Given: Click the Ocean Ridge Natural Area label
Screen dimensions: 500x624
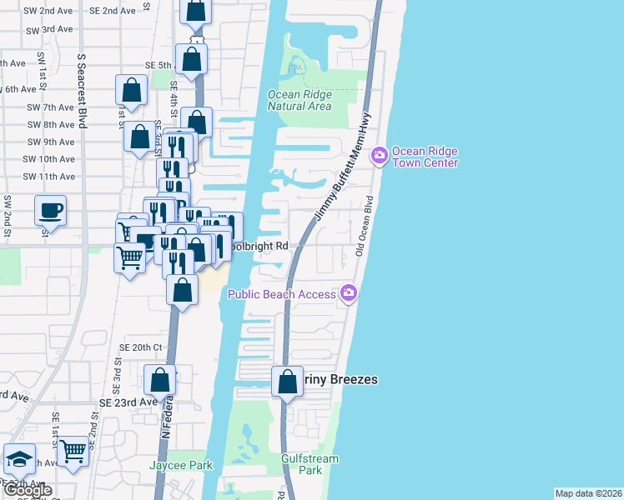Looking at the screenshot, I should coord(299,100).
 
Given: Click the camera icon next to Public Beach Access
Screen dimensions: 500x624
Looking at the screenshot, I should coord(349,292).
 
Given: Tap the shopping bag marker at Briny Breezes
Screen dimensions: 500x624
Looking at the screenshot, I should coord(287,382).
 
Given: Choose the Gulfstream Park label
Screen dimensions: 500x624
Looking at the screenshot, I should coord(309,464).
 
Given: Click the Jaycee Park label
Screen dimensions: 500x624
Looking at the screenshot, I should coord(181,465).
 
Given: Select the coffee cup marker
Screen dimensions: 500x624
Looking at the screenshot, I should coord(50,209).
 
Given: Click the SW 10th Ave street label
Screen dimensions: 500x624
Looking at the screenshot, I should coord(49,159).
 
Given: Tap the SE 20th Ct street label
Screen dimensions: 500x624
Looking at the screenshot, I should coord(139,347).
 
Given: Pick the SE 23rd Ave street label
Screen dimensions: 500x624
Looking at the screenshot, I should coord(128,402).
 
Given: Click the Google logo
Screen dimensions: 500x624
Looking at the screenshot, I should coord(27,490).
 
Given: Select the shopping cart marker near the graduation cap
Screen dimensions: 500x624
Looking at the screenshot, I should coord(73,452).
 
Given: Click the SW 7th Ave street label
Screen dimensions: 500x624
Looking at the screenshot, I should coord(49,107).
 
